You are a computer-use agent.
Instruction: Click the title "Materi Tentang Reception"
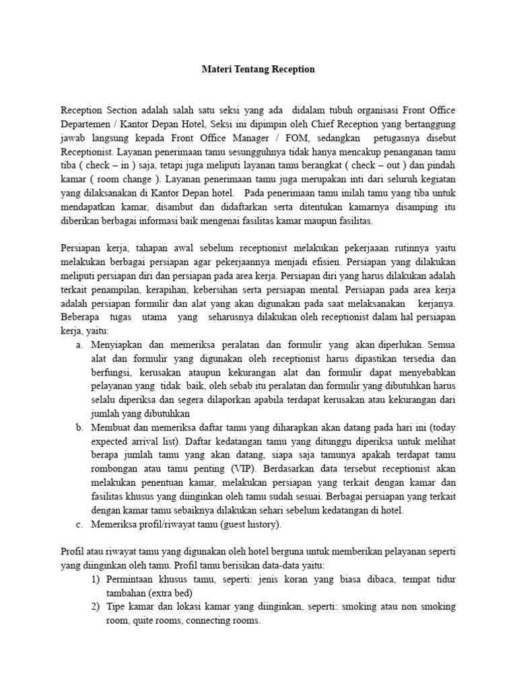pyautogui.click(x=259, y=69)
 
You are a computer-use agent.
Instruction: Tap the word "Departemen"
pyautogui.click(x=87, y=124)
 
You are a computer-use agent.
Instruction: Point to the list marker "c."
pyautogui.click(x=79, y=524)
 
